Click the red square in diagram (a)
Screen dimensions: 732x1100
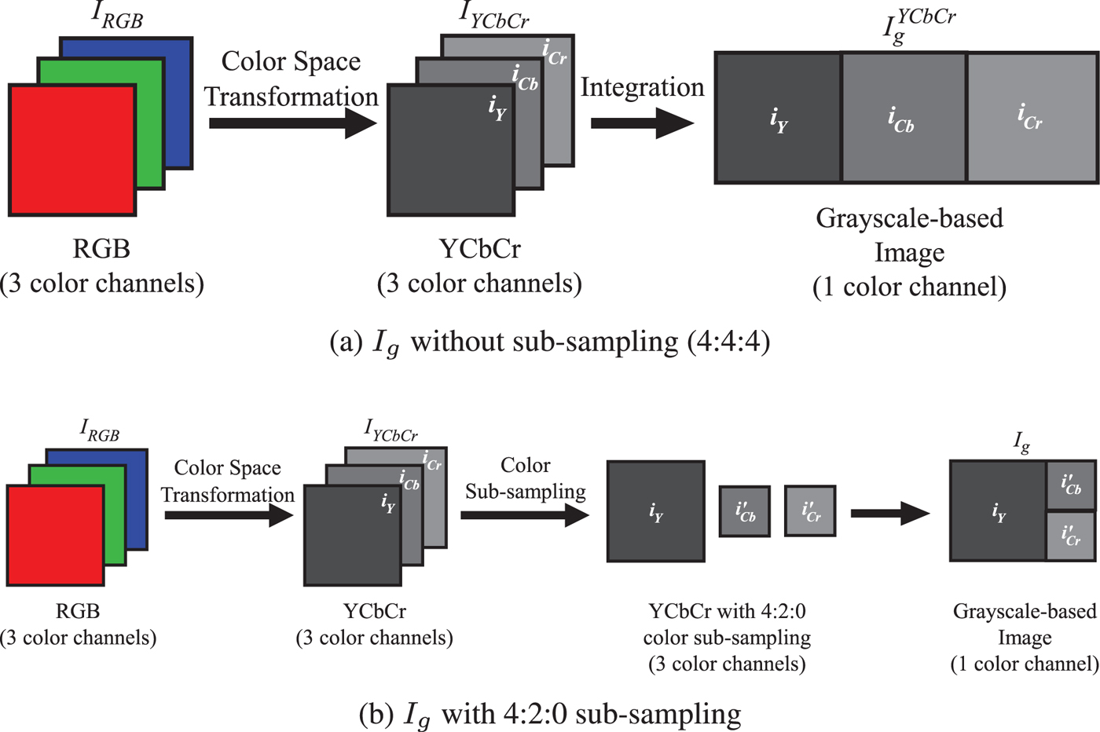(72, 149)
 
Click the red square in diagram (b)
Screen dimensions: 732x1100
(56, 535)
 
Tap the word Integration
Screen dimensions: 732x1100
(642, 87)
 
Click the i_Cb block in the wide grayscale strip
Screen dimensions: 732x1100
(904, 118)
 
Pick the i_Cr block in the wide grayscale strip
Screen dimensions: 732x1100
(1032, 118)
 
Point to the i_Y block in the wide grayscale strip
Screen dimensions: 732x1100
(778, 118)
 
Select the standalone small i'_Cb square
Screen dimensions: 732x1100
(745, 511)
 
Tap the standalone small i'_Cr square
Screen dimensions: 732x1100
(810, 511)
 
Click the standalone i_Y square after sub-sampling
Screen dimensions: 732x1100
(656, 511)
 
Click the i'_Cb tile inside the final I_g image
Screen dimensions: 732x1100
(1071, 485)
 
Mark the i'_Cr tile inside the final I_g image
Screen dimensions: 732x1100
(1071, 536)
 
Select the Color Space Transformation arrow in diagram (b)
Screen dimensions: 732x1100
(229, 515)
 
